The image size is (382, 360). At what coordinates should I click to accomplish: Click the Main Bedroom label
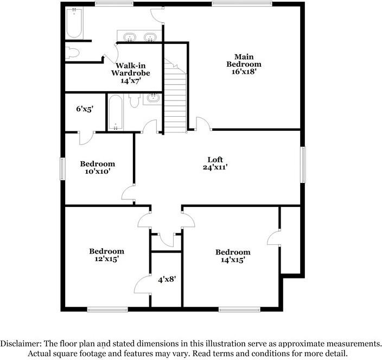point(240,64)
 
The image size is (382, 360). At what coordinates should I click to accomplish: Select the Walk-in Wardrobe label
point(130,72)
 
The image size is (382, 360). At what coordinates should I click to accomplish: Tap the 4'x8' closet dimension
point(167,280)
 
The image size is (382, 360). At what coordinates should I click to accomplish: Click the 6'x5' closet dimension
point(85,108)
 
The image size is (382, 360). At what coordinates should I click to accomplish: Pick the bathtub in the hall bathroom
point(115,112)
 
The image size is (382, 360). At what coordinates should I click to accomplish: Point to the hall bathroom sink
point(153,99)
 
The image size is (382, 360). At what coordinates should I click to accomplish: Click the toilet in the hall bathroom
point(135,101)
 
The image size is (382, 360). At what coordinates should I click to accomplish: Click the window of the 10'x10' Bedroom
point(62,168)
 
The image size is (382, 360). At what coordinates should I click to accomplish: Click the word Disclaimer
point(20,344)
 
